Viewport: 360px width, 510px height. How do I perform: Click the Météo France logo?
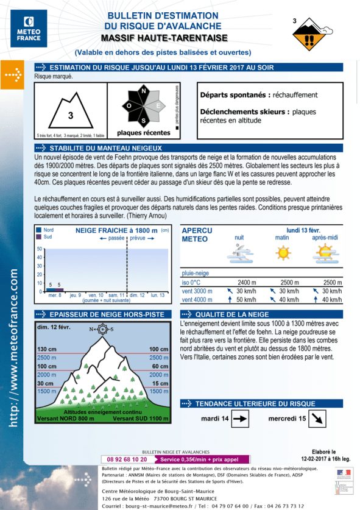(29, 29)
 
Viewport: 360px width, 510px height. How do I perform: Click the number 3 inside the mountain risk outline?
(70, 115)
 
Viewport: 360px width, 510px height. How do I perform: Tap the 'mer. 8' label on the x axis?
(55, 295)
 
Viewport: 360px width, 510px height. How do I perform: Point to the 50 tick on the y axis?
(40, 249)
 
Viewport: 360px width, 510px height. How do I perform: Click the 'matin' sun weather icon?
(282, 253)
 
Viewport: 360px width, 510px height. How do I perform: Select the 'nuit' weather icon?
(239, 253)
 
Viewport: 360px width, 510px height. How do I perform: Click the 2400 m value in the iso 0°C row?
(247, 282)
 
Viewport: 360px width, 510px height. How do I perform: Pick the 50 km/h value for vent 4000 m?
(246, 299)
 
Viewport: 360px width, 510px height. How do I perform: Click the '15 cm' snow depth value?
(160, 383)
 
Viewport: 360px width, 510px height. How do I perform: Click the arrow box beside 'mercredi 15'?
(317, 419)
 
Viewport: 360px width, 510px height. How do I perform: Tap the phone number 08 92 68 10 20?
(127, 459)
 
